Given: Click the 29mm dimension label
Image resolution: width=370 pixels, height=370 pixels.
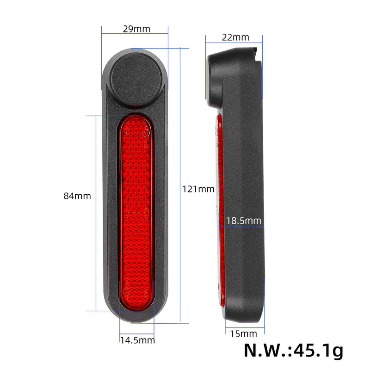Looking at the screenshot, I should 136,29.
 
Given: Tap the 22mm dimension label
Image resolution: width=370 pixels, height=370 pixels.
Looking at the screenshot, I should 235,37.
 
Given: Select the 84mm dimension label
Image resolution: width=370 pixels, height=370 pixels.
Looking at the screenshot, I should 77,196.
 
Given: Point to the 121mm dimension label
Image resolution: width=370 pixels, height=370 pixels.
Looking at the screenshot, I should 198,189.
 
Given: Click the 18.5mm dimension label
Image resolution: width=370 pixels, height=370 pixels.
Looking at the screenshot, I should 244,221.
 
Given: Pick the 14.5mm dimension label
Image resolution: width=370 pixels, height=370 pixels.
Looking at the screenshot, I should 137,340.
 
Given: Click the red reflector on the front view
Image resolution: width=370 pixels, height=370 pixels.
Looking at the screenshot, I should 135,208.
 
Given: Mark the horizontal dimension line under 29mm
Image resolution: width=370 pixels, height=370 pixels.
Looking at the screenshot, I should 135,34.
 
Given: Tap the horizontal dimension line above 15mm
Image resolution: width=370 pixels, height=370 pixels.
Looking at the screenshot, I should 245,328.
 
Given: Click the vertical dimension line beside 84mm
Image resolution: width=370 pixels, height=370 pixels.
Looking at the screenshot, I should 96,213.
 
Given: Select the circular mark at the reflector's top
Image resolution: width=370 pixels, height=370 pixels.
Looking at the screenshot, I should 146,133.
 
